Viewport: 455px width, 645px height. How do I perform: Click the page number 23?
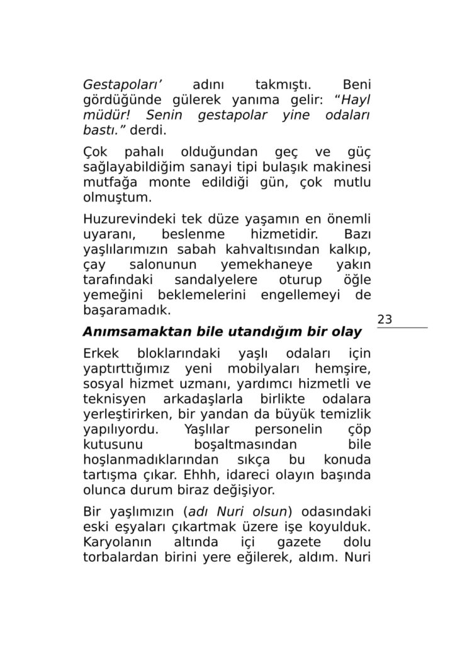point(385,320)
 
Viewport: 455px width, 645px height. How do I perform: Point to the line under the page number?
point(402,328)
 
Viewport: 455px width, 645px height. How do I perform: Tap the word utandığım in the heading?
point(273,332)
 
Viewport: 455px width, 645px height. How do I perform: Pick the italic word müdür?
point(106,116)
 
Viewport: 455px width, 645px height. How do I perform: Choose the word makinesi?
point(344,168)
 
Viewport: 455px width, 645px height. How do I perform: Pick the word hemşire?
point(346,368)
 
